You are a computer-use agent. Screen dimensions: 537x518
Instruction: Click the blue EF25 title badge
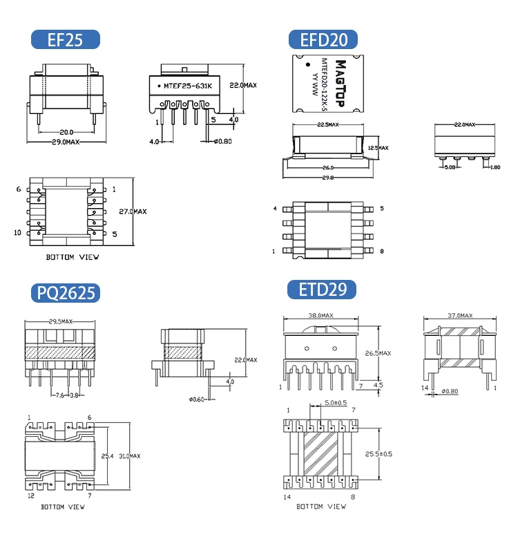pos(65,39)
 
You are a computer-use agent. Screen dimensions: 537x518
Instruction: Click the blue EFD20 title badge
pos(323,39)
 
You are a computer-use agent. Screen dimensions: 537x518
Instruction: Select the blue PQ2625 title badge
pos(65,292)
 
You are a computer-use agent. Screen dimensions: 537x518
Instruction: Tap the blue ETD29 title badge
pos(323,289)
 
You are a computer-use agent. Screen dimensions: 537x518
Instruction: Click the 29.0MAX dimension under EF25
pos(67,142)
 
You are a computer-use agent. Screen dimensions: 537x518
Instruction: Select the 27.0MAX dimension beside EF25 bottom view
pos(133,211)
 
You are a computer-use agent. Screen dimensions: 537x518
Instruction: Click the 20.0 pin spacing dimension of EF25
pos(66,131)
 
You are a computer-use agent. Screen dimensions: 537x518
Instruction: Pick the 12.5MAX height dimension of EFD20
pos(378,148)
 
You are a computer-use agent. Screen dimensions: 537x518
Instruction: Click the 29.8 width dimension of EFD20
pos(327,178)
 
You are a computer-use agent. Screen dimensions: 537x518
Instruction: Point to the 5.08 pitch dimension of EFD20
pos(450,167)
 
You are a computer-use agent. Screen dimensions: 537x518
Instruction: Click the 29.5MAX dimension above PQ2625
pos(62,322)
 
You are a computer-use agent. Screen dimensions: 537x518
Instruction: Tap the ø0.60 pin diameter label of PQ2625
pos(198,399)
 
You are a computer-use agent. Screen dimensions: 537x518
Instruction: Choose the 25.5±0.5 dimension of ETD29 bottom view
pos(378,453)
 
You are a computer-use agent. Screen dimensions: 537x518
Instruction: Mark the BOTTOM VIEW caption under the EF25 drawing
pos(73,256)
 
